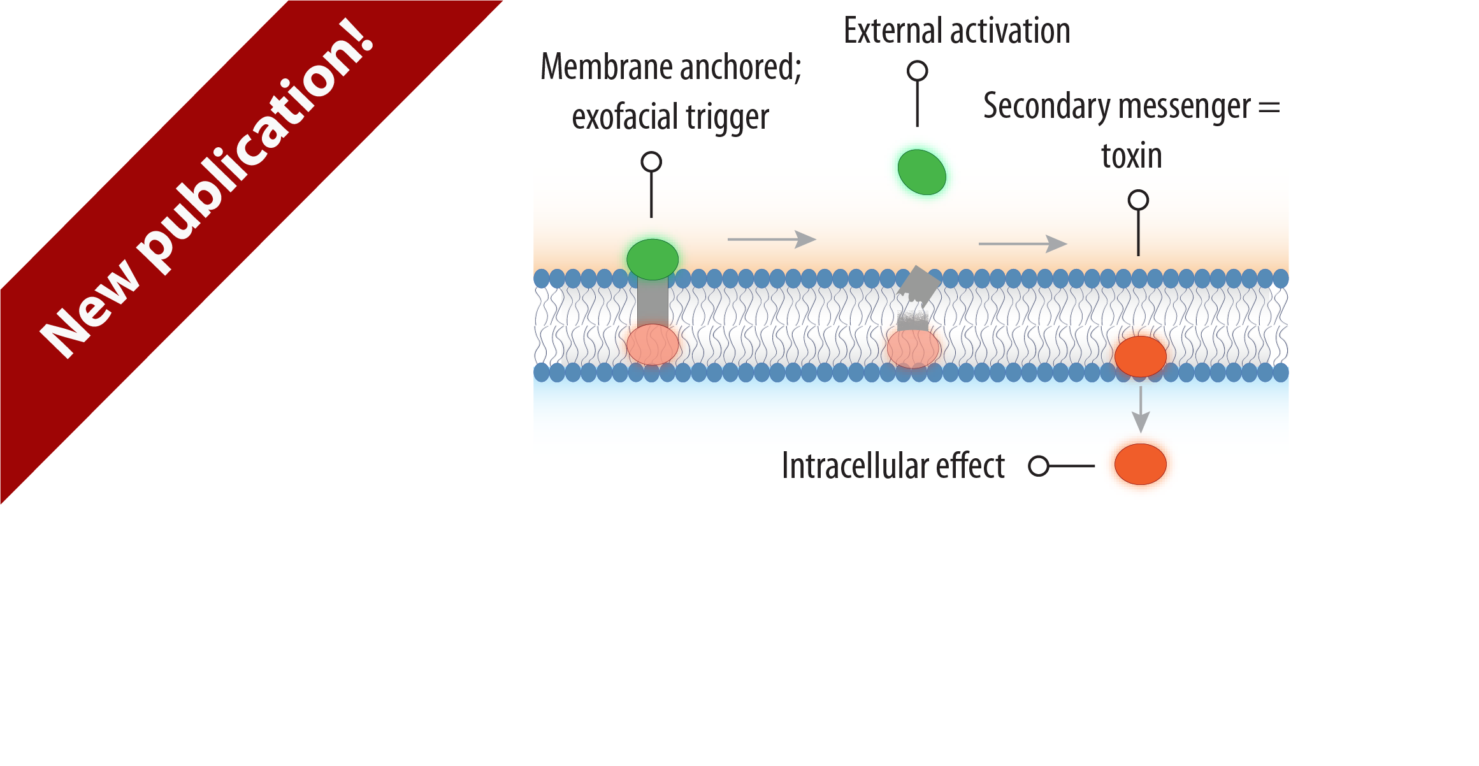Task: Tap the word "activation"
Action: pyautogui.click(x=1013, y=31)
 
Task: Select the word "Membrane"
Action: pyautogui.click(x=602, y=67)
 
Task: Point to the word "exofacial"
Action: pyautogui.click(x=624, y=117)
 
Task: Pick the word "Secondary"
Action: pyautogui.click(x=1045, y=106)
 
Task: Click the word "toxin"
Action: pyautogui.click(x=1132, y=156)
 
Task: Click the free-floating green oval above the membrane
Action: pyautogui.click(x=921, y=172)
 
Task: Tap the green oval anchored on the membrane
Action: pyautogui.click(x=652, y=259)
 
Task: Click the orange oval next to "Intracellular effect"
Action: pyautogui.click(x=1140, y=464)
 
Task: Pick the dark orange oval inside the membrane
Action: pyautogui.click(x=1140, y=357)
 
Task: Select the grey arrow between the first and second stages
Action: pyautogui.click(x=772, y=240)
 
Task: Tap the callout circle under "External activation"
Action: pyautogui.click(x=917, y=71)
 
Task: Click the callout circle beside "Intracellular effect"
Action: pyautogui.click(x=1039, y=466)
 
